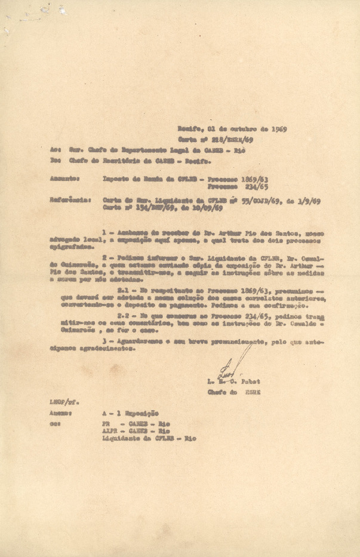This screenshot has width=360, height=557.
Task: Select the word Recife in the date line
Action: pyautogui.click(x=189, y=128)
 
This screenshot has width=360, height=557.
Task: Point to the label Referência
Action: pyautogui.click(x=70, y=201)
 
